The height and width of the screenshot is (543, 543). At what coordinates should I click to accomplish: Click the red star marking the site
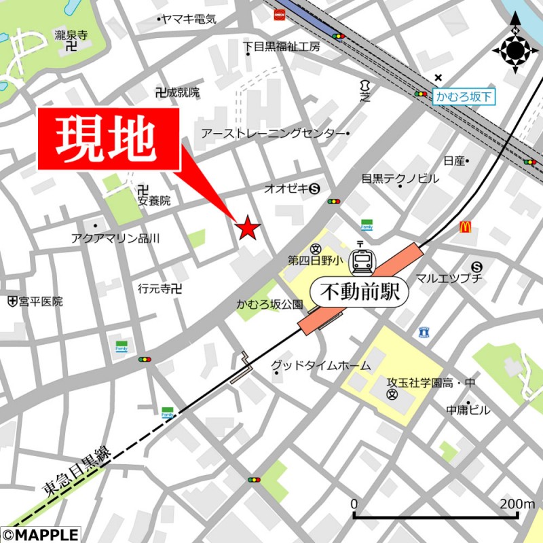[x=246, y=229]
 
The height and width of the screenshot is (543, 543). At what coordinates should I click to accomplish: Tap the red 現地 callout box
[x=109, y=138]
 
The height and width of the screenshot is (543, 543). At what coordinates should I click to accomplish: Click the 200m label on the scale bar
[x=517, y=504]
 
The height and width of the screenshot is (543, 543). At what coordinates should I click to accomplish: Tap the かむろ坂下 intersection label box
[x=464, y=97]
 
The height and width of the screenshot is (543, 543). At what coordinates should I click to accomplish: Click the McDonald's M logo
[x=465, y=228]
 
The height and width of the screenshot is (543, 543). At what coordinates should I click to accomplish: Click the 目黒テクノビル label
[x=400, y=179]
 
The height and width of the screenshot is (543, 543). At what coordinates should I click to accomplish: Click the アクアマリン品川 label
[x=115, y=238]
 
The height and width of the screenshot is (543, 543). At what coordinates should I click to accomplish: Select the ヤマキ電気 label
[x=189, y=20]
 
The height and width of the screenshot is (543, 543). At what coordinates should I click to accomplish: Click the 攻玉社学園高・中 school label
[x=430, y=383]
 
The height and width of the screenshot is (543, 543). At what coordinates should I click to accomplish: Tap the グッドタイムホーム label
[x=321, y=366]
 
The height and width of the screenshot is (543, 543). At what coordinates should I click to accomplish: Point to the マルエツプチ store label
[x=449, y=278]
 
